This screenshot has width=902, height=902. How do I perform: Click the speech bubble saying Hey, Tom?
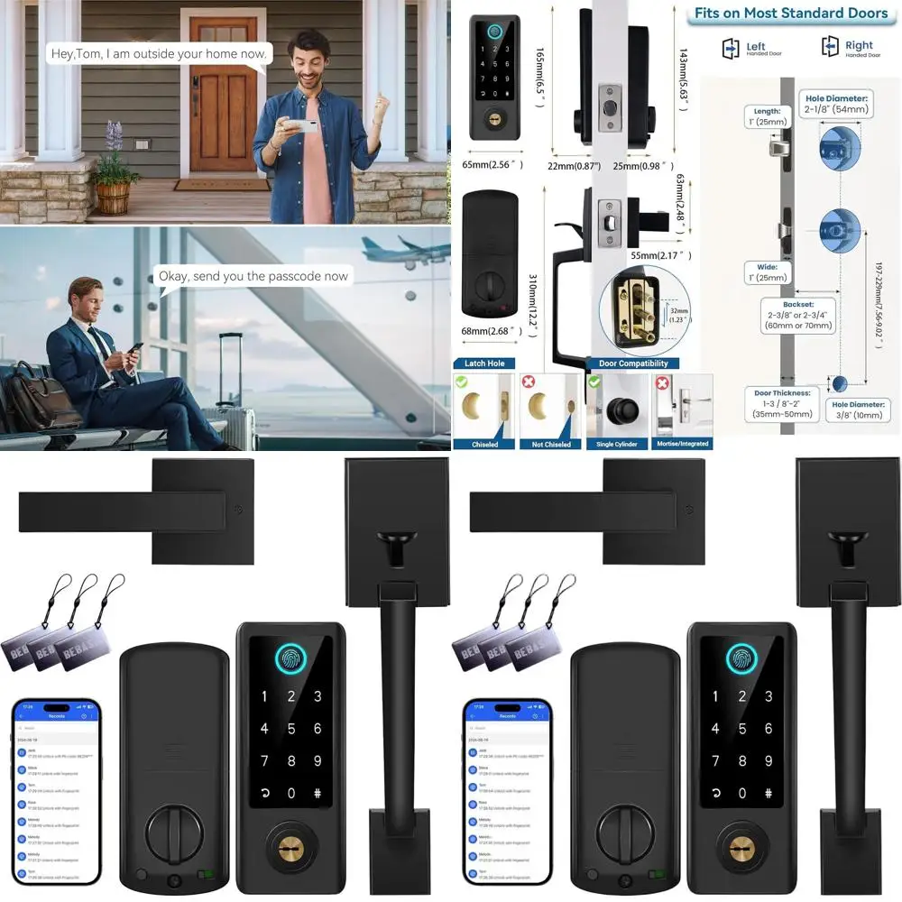coord(158,54)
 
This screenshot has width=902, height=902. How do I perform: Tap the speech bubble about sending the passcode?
coord(253,276)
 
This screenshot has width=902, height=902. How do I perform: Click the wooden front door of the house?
coord(223,114)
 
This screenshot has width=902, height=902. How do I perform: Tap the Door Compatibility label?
coord(644,364)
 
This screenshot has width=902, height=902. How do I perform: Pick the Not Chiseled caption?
coord(552,444)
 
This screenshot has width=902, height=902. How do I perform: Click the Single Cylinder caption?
coord(617,444)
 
